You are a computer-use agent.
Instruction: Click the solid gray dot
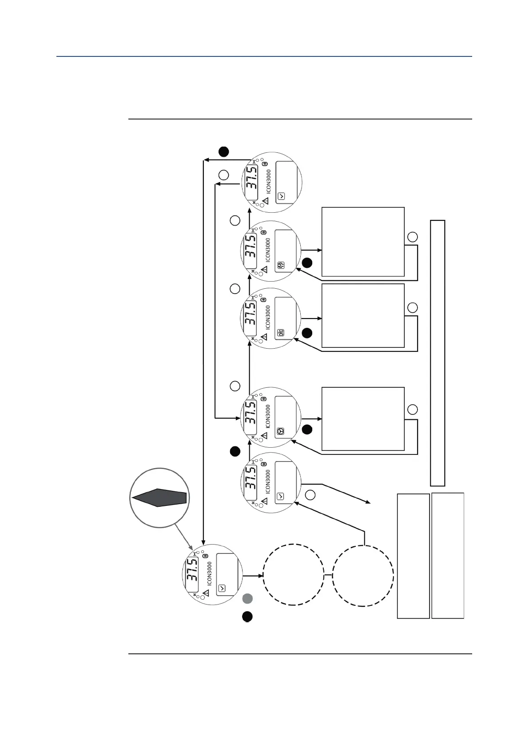tap(247, 598)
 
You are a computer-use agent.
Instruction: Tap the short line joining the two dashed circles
tap(328, 576)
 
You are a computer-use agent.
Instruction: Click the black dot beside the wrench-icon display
tap(307, 263)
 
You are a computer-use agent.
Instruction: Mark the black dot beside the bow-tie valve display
tap(307, 333)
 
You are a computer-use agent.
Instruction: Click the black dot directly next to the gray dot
tap(247, 617)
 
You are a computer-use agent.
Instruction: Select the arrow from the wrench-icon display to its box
tap(311, 251)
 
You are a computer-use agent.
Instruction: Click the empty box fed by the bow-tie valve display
tap(363, 315)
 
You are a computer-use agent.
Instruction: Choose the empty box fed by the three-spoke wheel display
tap(363, 418)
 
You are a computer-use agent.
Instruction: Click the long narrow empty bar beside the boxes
tap(438, 353)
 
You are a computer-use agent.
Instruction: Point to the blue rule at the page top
tap(264, 56)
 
